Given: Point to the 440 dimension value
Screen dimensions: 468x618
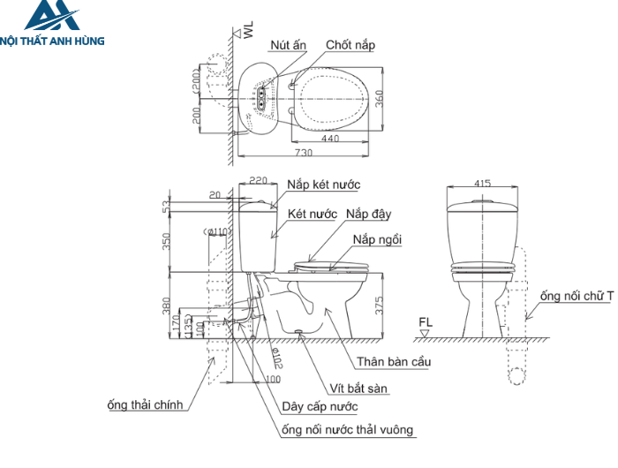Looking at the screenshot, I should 330,139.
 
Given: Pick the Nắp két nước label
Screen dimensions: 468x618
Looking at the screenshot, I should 323,185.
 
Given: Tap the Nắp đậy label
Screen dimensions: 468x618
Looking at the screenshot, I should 368,214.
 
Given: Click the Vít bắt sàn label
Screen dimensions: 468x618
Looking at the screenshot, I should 358,389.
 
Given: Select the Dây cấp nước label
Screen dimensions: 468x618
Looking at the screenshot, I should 319,407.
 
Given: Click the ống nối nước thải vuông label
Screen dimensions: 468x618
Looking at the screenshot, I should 347,430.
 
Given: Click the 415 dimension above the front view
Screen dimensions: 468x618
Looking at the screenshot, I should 482,183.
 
